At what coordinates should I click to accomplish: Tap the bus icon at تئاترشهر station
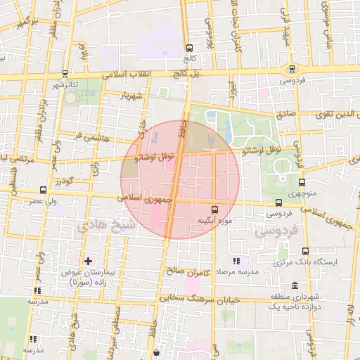click(x=65, y=73)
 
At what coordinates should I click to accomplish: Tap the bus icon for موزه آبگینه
click(x=214, y=209)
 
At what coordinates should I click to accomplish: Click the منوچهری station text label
click(x=302, y=194)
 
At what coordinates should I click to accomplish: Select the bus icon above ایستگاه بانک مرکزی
click(x=305, y=251)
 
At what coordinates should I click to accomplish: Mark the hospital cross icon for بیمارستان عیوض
click(x=88, y=261)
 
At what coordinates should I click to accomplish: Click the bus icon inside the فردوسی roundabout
click(x=291, y=68)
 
